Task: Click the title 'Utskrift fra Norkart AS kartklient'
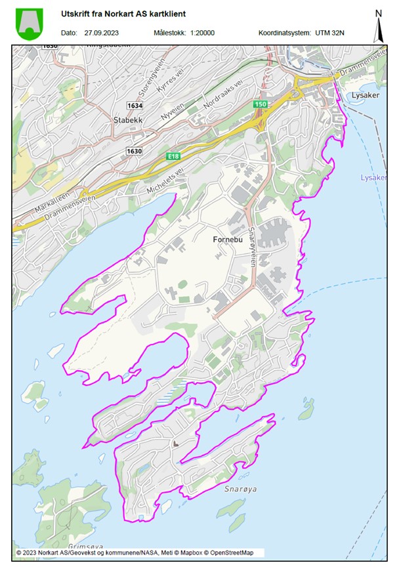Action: click(x=123, y=14)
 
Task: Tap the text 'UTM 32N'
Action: click(x=331, y=32)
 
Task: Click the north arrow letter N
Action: click(x=379, y=13)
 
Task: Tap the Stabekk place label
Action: click(x=128, y=121)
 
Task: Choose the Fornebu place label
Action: click(x=228, y=240)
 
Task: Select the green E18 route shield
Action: click(x=173, y=156)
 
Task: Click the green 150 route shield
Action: click(x=261, y=104)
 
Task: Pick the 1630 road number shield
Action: click(x=134, y=151)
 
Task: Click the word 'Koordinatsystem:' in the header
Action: click(x=284, y=32)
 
